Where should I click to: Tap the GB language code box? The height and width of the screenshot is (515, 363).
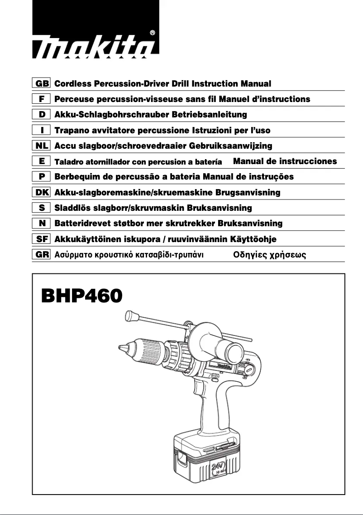point(43,84)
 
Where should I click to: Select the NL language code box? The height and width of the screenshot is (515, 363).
point(43,146)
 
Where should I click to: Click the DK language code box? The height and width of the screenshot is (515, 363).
point(43,192)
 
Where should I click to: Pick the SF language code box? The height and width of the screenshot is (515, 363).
point(43,239)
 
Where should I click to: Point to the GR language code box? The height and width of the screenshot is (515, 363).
point(43,254)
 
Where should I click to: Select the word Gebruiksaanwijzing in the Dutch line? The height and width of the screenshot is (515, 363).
point(234,146)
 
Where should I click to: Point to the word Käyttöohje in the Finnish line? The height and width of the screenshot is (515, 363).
point(253,239)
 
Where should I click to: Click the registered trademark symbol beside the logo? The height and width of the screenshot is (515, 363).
point(153,33)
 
